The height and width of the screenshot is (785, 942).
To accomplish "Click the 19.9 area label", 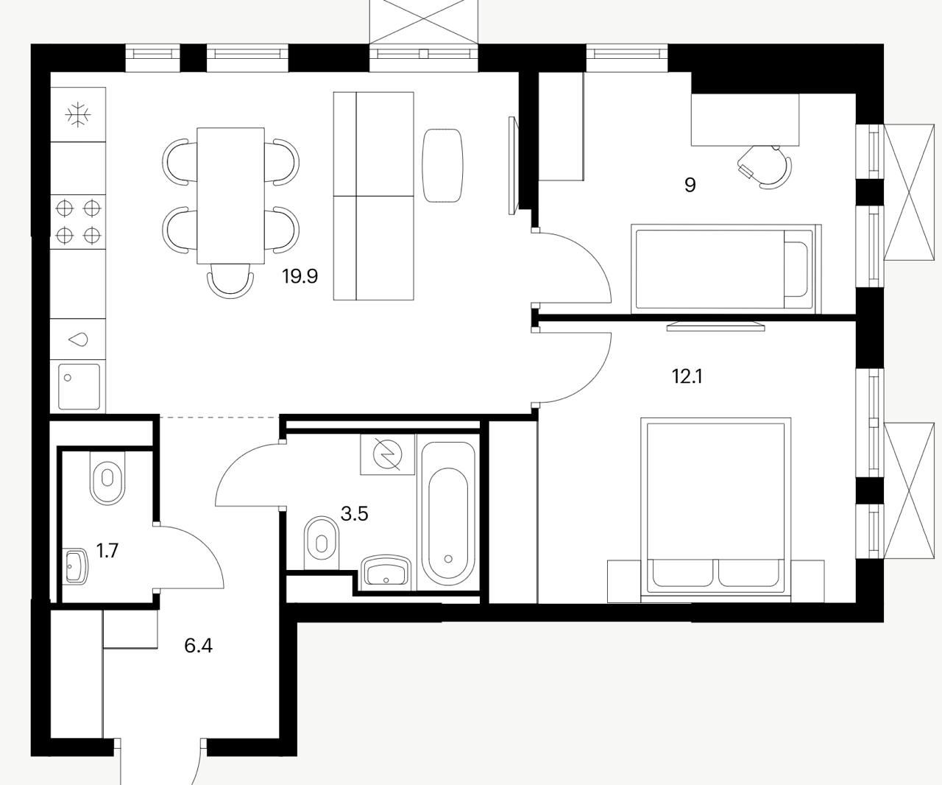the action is pos(300,276).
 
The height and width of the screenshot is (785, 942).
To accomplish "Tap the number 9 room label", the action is pos(690,185).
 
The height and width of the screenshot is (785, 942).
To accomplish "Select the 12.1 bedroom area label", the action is pos(687,376).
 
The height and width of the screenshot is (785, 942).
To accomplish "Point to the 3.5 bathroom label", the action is pos(354,514).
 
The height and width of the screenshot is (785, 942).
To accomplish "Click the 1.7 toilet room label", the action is pos(107,551).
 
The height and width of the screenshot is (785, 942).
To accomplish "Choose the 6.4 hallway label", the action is pos(198,646).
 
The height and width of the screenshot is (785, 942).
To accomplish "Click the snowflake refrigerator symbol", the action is pos(78,114).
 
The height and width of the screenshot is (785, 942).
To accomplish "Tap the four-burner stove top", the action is pos(78,222).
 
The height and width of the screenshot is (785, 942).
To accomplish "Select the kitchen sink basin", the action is pos(79,387).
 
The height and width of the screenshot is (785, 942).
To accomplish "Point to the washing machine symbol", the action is pos(388,454).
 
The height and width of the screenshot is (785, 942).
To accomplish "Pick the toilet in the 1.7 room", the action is pos(107,478).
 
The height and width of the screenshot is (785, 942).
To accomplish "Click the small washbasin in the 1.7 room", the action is pos(74,566).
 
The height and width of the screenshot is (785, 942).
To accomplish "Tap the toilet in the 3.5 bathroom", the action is pos(321,543).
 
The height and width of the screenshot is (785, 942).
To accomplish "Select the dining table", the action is pos(230,195).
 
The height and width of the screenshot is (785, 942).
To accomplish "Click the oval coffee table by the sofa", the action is pos(442,165).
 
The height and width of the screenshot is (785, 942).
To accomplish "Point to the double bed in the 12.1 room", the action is pos(715,510).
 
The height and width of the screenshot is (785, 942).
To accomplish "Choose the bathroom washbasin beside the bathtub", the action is pos(386,572).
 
